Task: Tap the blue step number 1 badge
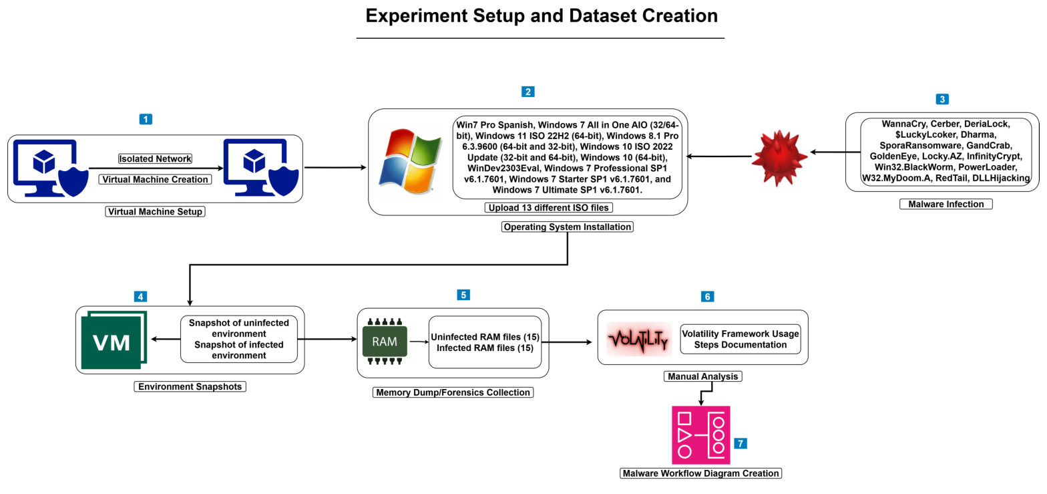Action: tap(146, 119)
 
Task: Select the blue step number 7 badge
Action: tap(740, 443)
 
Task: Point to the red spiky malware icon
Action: tap(779, 158)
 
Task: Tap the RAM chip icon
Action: tap(385, 342)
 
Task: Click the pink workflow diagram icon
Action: tap(700, 435)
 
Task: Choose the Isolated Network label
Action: tap(155, 158)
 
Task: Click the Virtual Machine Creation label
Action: tap(155, 179)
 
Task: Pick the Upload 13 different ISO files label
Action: tap(548, 208)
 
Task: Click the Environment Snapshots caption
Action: tap(190, 386)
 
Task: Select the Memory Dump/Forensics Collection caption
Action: tap(453, 392)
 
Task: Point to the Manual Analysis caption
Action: tap(702, 376)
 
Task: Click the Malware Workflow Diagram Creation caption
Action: tap(701, 473)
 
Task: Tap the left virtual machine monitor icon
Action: tap(45, 167)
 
